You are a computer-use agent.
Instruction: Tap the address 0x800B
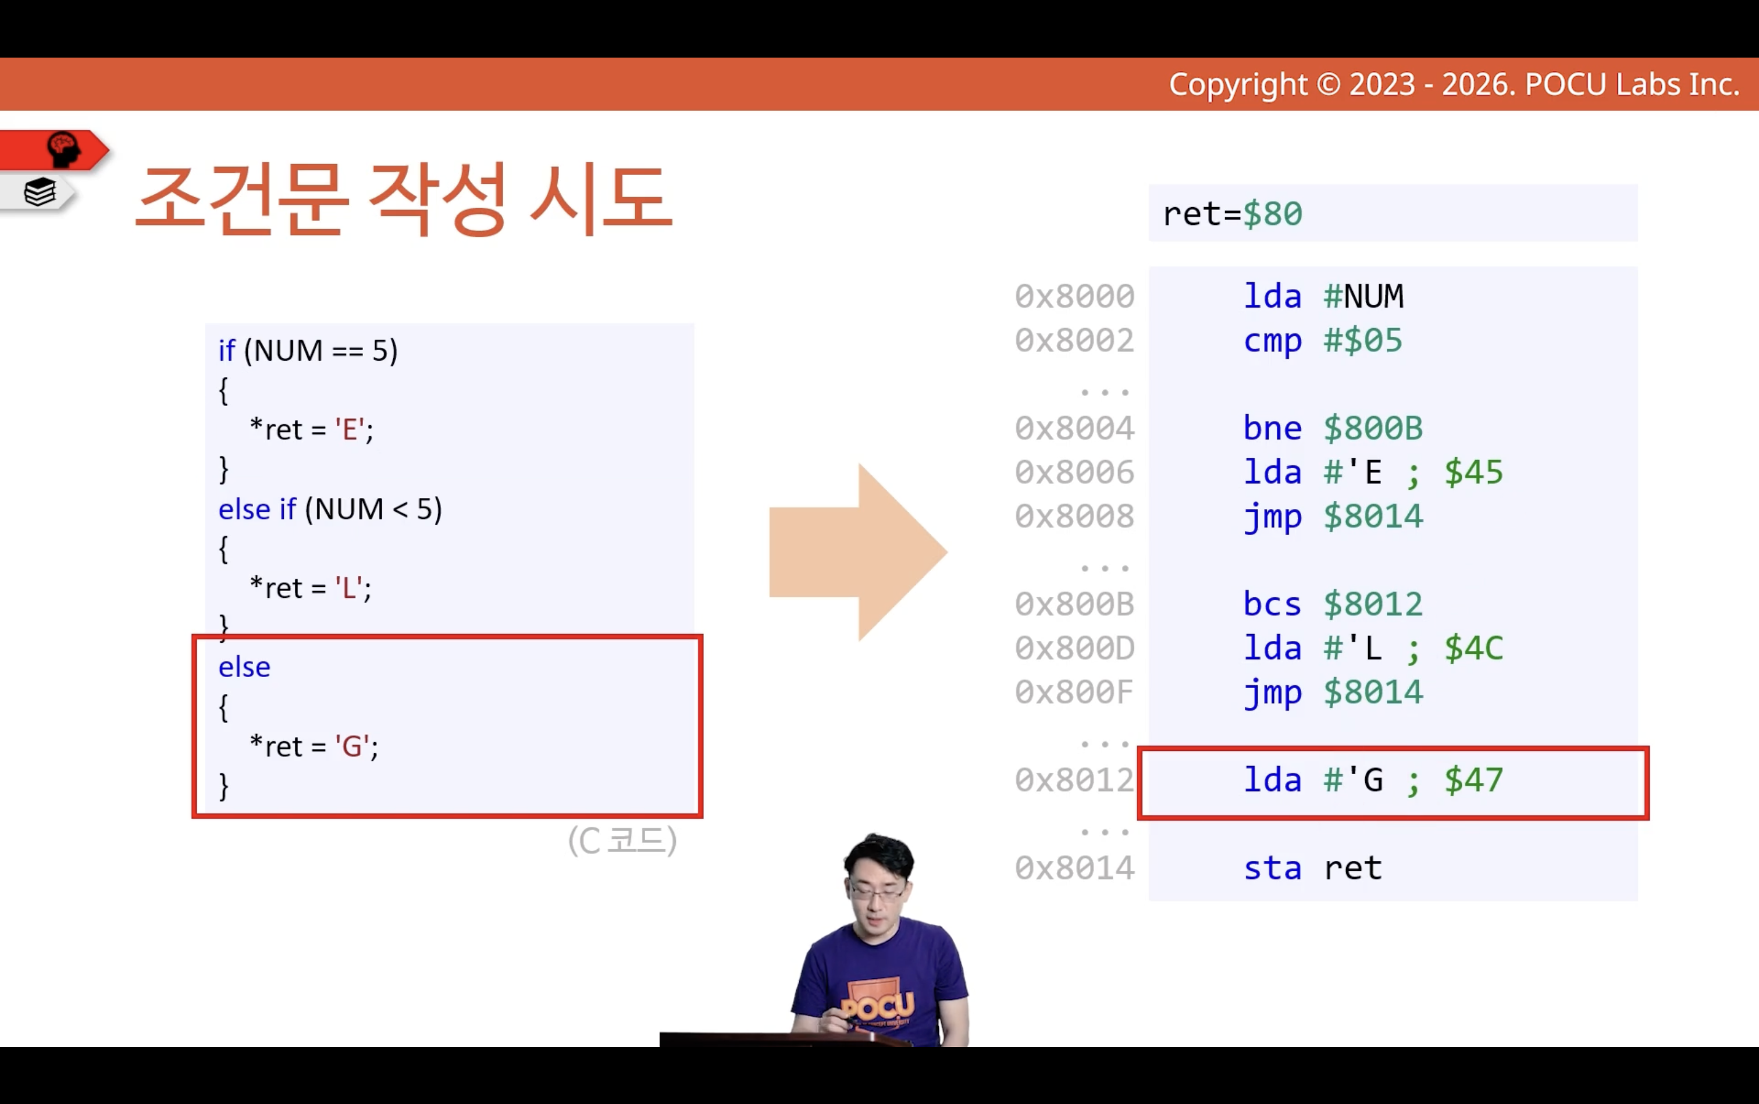(x=1074, y=604)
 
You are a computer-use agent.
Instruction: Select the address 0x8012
(x=1074, y=781)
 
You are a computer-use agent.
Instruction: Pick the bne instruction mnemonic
(x=1272, y=428)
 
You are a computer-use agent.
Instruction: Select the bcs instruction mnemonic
(x=1272, y=604)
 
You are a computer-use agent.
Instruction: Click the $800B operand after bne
(x=1373, y=428)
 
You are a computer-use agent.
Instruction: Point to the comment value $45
(x=1473, y=472)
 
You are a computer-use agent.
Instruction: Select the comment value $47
(x=1473, y=781)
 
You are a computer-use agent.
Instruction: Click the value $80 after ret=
(x=1273, y=214)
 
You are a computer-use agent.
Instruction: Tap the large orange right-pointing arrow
(x=858, y=552)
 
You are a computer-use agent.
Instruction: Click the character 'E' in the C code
(x=349, y=429)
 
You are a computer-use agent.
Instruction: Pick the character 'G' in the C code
(x=351, y=746)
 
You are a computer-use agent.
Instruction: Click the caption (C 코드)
(x=622, y=841)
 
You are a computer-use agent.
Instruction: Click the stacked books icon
(x=40, y=193)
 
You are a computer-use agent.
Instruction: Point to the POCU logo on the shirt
(x=878, y=1005)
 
